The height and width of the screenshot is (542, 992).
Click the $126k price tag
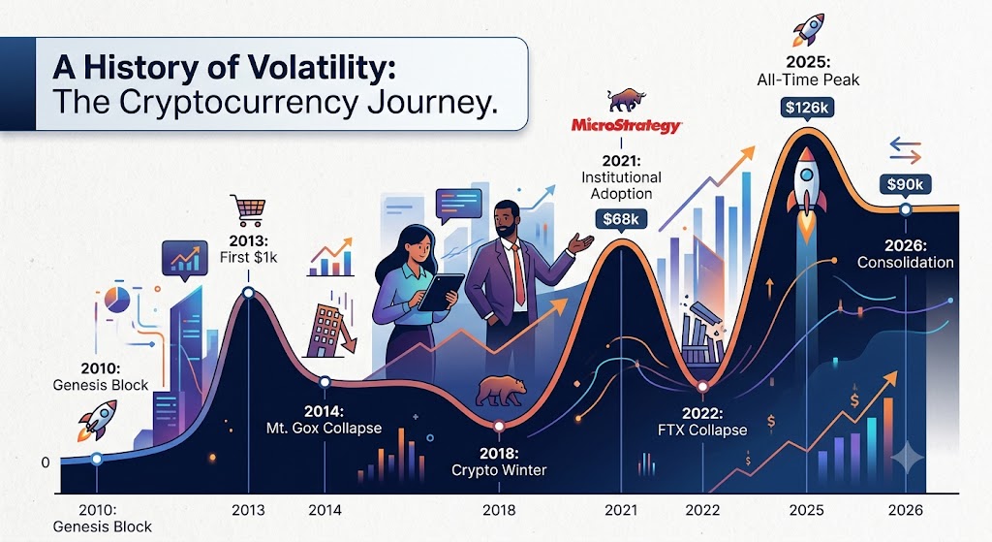click(807, 109)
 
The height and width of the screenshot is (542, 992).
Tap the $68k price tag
click(621, 220)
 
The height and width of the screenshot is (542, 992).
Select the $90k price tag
click(905, 185)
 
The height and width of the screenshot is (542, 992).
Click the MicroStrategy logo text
click(626, 125)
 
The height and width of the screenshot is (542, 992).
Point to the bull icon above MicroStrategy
click(626, 100)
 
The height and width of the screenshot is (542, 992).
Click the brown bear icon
click(501, 391)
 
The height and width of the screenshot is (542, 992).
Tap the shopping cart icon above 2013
click(248, 210)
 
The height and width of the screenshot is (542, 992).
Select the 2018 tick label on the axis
click(499, 510)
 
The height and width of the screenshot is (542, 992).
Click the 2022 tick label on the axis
click(702, 510)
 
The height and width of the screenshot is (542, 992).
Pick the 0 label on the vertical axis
click(46, 462)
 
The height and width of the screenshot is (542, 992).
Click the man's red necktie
click(518, 274)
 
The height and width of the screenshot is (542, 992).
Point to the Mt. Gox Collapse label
click(324, 428)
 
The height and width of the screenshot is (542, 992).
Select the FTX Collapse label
click(702, 430)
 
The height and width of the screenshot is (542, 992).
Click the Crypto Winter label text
click(499, 470)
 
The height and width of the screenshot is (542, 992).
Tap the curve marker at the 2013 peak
click(248, 293)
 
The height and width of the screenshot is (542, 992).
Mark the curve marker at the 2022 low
click(702, 387)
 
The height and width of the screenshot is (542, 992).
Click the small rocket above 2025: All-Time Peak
click(808, 30)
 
